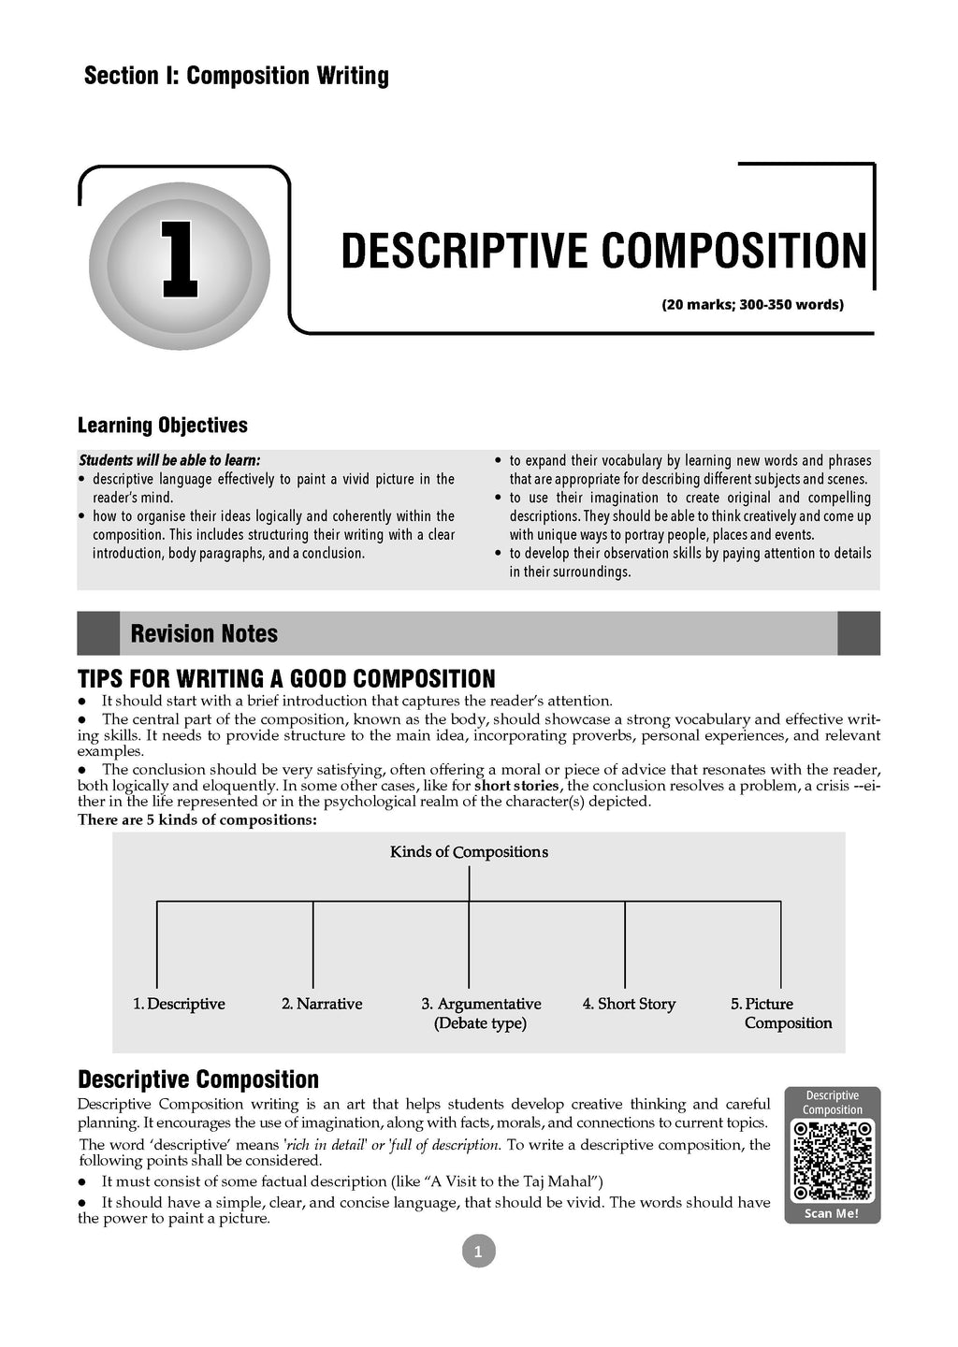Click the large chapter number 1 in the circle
coord(179,259)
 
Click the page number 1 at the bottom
coord(478,1252)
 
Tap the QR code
coord(833,1160)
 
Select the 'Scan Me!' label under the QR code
coord(832,1214)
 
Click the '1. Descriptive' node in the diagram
coord(179,1004)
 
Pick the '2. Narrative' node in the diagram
coord(322,1004)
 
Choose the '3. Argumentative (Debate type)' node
coord(481,1013)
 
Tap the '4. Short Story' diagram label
coord(629,1004)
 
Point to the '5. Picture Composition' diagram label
coord(781,1013)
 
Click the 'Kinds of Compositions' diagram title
coord(469,852)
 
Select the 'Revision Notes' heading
coord(204,633)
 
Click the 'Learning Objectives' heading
coord(163,426)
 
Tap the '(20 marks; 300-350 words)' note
coord(752,305)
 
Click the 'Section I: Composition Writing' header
coord(237,76)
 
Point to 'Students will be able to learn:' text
coord(169,460)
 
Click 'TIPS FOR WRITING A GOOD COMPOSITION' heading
coord(286,678)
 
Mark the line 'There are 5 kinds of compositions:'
coord(197,820)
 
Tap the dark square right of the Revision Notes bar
coord(858,633)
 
